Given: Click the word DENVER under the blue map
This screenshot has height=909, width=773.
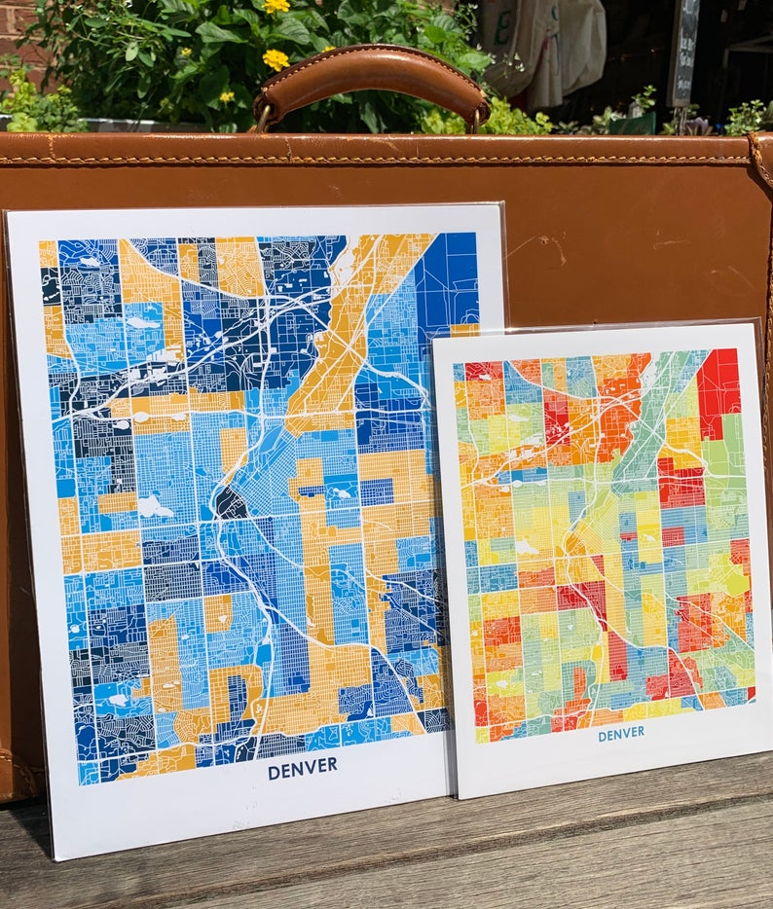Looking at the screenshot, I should [x=302, y=770].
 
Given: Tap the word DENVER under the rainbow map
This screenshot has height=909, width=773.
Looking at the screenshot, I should [x=620, y=735].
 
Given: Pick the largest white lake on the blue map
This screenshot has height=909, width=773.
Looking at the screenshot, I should [x=152, y=506].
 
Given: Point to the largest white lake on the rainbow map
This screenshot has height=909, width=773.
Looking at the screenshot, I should [x=526, y=548].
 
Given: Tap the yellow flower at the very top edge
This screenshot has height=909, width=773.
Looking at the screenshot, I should [x=276, y=6].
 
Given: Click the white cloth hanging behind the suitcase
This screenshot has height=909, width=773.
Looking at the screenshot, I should [x=545, y=49].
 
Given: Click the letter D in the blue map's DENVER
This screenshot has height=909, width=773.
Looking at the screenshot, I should [x=275, y=771].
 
